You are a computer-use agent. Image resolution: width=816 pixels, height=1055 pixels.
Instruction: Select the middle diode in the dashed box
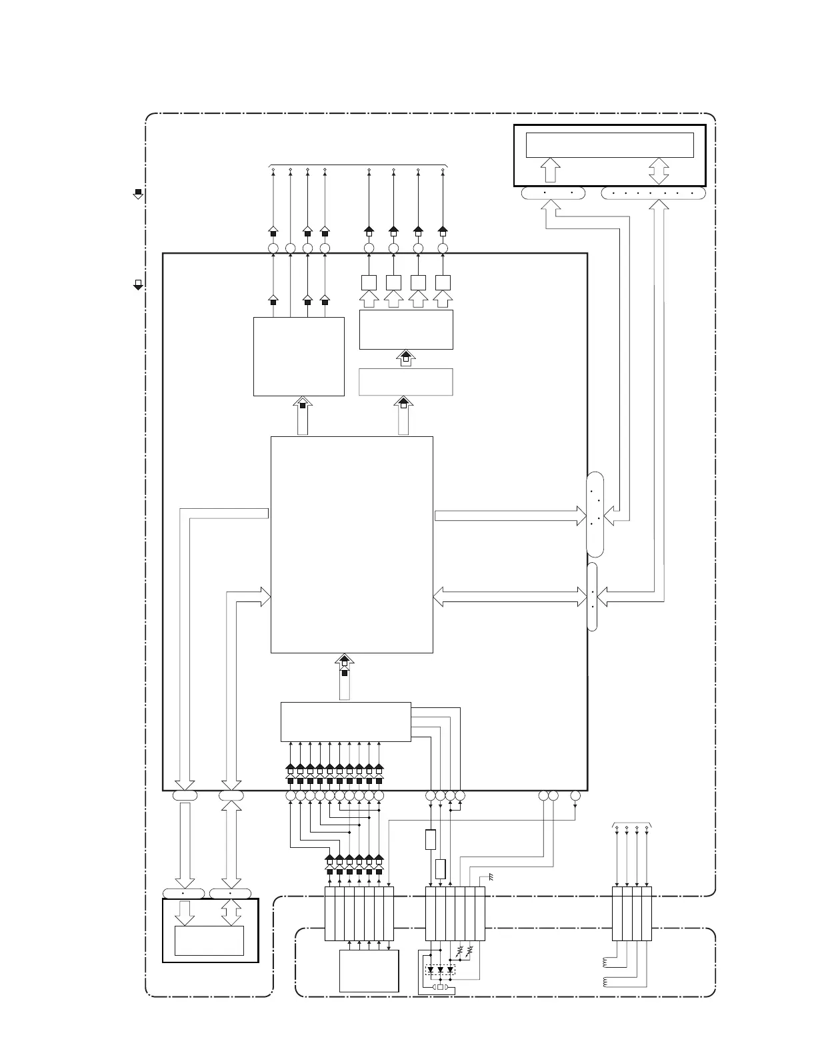click(x=441, y=970)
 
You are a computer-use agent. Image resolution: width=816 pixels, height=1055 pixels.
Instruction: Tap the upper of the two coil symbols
click(x=605, y=962)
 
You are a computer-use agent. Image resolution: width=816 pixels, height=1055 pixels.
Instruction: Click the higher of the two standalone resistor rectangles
click(x=431, y=839)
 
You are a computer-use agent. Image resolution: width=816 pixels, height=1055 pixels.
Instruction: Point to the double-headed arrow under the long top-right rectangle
click(x=659, y=171)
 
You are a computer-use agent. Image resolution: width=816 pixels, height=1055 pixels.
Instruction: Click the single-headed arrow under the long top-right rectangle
click(x=551, y=170)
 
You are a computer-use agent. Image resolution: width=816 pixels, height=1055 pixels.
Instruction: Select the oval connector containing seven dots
click(x=653, y=193)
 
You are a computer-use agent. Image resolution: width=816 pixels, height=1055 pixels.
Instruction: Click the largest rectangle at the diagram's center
click(x=352, y=544)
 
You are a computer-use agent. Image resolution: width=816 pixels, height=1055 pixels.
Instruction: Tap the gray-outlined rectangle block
click(x=406, y=382)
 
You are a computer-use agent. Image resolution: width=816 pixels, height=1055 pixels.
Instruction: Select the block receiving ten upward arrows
click(x=346, y=721)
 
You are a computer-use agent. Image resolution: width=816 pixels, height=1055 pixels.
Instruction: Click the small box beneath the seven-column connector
click(x=369, y=971)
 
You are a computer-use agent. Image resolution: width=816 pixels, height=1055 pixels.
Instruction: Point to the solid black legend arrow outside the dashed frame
click(x=138, y=194)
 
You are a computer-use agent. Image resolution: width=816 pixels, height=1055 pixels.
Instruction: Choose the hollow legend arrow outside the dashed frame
click(x=138, y=285)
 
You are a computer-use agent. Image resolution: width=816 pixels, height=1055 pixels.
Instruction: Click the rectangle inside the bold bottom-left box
click(x=209, y=940)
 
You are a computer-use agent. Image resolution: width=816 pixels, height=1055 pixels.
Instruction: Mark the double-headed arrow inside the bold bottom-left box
click(x=231, y=912)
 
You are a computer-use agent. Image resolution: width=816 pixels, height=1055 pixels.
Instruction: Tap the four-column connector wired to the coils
click(x=631, y=914)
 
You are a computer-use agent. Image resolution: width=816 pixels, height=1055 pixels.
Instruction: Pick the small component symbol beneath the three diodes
click(x=440, y=987)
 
